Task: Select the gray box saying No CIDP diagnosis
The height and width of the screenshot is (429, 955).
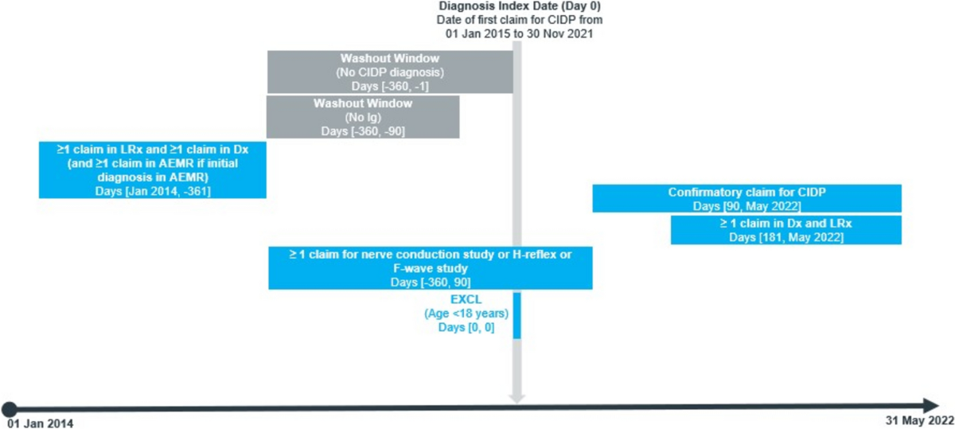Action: pyautogui.click(x=390, y=72)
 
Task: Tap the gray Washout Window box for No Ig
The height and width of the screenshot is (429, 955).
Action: pyautogui.click(x=362, y=117)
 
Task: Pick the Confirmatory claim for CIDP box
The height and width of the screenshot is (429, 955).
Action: pyautogui.click(x=746, y=198)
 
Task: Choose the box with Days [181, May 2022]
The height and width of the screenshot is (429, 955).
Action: pyautogui.click(x=785, y=230)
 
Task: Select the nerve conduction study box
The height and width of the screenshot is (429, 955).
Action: pyautogui.click(x=430, y=267)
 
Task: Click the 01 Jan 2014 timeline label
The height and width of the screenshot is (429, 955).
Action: pyautogui.click(x=40, y=423)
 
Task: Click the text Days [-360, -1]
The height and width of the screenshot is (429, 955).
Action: pyautogui.click(x=390, y=85)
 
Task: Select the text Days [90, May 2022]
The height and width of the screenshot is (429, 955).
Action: pyautogui.click(x=746, y=206)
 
